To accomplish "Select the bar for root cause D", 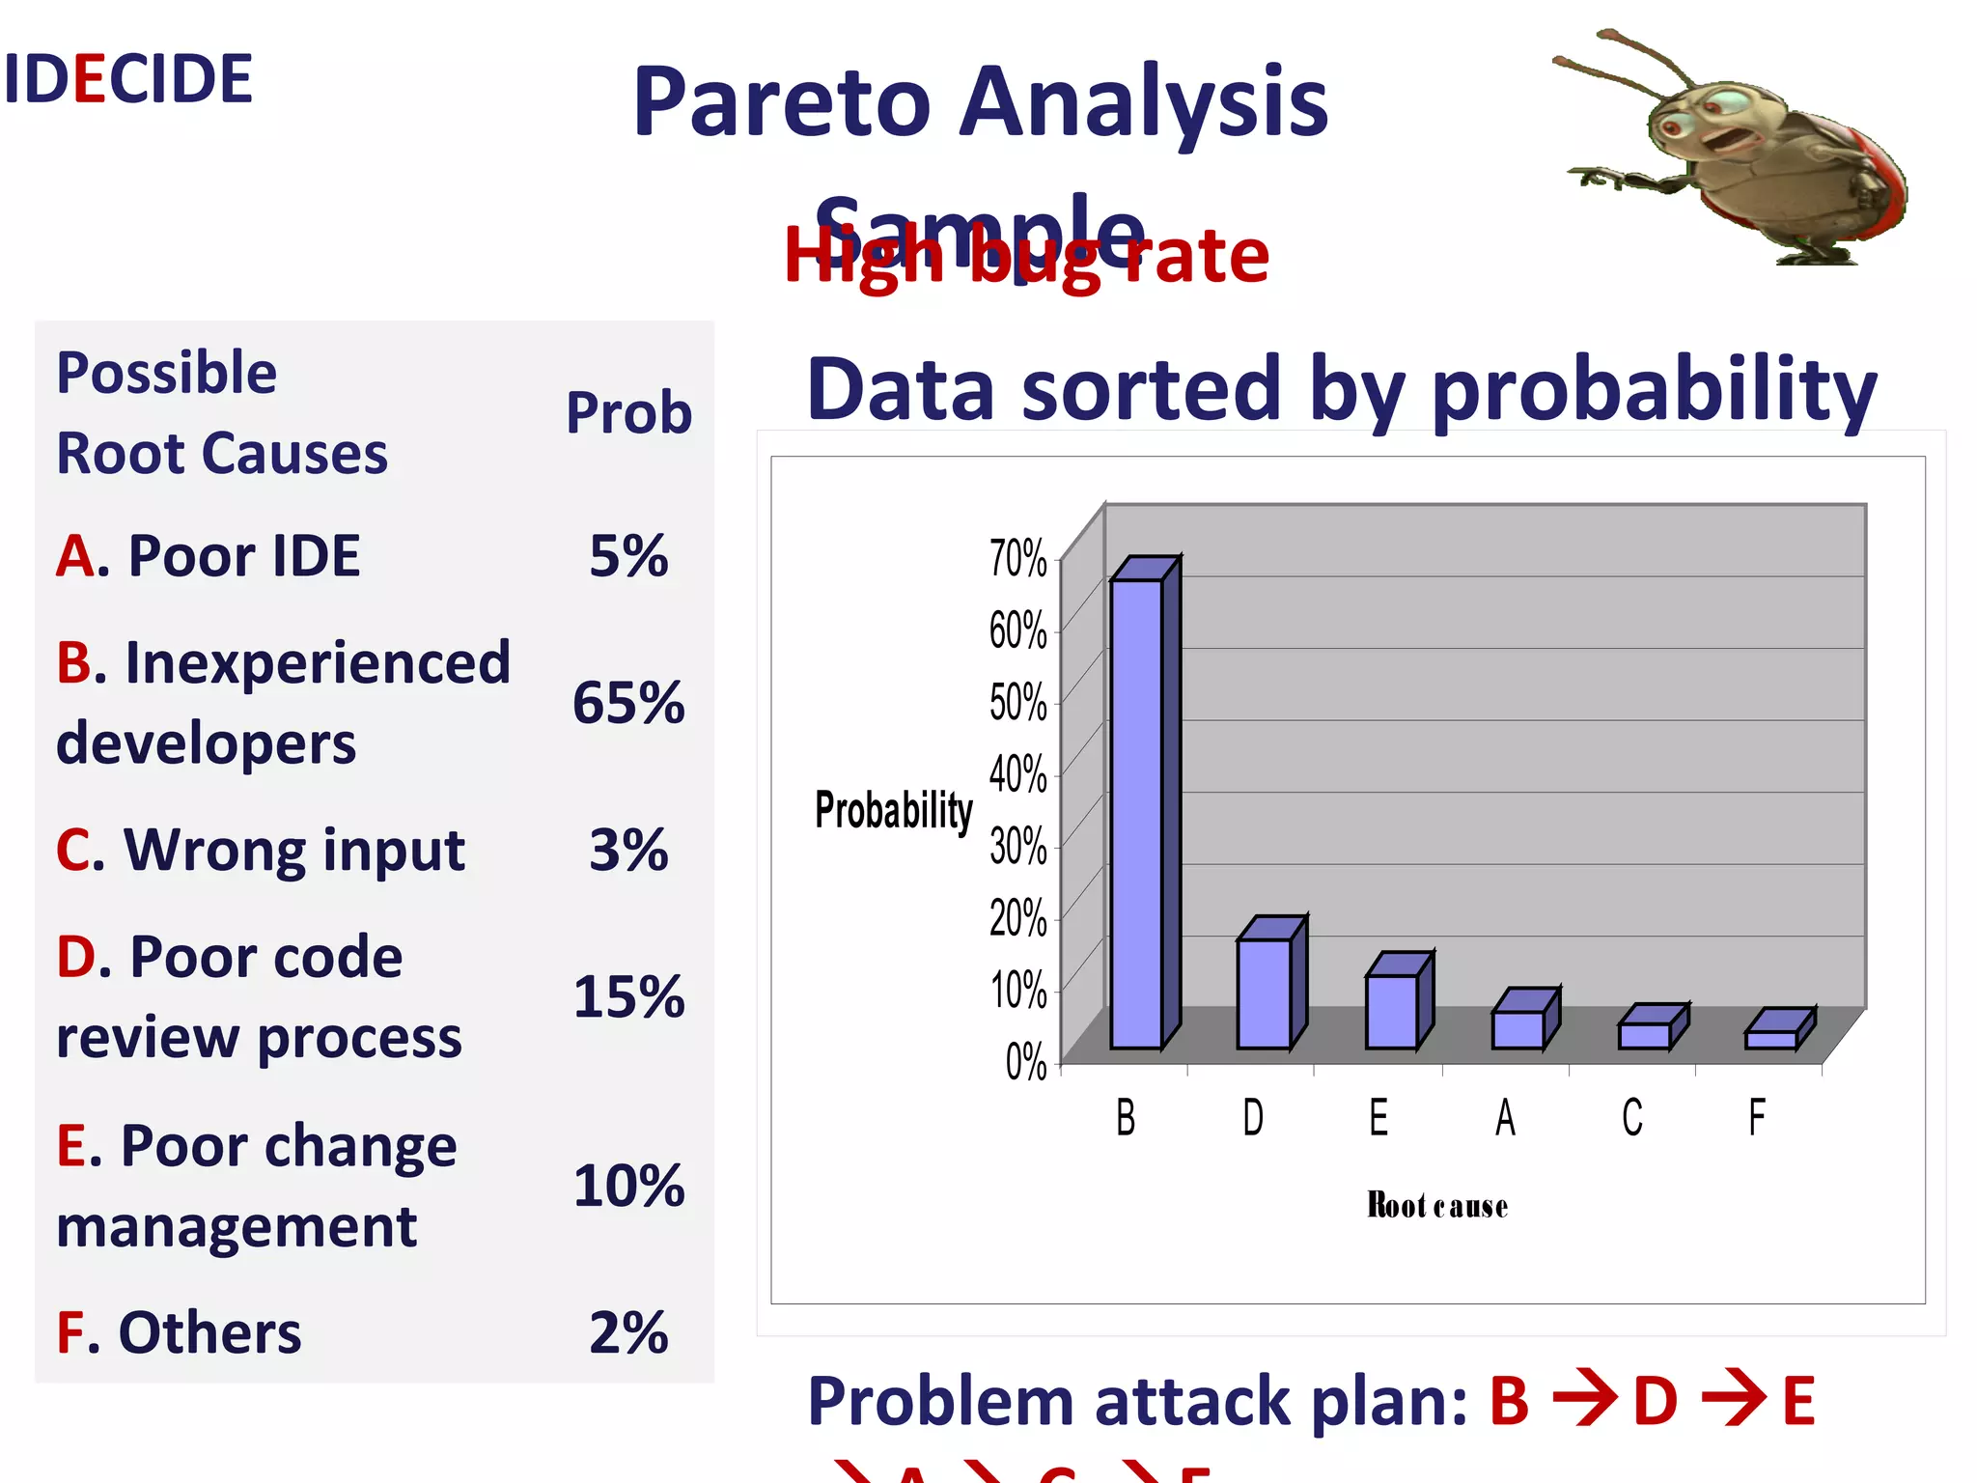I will (1264, 993).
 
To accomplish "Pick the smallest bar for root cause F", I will (1771, 1039).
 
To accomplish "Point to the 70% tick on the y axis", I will (1017, 558).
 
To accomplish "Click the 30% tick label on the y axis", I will (1017, 846).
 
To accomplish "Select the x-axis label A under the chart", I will (1505, 1118).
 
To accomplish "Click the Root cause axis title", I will (1437, 1206).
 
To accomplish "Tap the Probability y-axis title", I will (894, 809).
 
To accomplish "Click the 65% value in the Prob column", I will (628, 702).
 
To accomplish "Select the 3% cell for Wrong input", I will (628, 850).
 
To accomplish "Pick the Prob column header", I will (628, 413).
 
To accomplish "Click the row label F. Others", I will (180, 1332).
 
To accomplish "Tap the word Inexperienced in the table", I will (317, 663).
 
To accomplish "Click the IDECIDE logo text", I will (127, 79).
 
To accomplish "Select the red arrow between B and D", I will (1583, 1399).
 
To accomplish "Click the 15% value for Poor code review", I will (628, 996).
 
